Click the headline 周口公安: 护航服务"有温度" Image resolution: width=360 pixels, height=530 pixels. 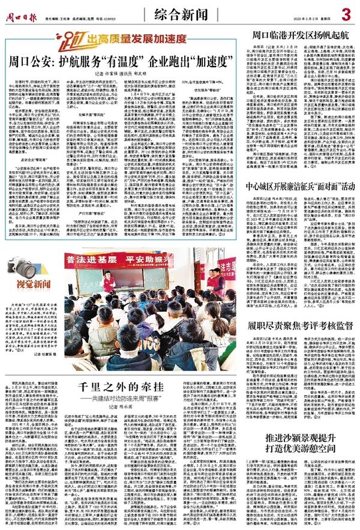pos(120,61)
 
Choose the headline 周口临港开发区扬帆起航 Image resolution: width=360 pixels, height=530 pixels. pos(299,35)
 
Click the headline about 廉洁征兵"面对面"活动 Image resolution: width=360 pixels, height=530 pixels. pos(299,194)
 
